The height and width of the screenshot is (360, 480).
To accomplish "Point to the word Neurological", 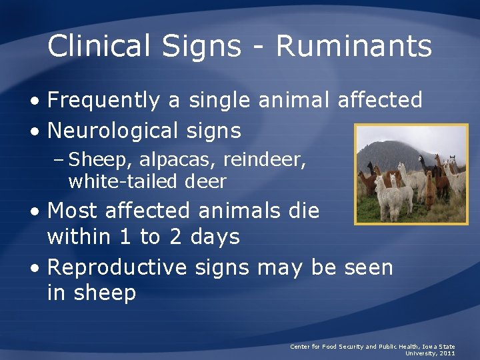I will (117, 130).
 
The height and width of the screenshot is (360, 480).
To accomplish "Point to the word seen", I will (368, 267).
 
